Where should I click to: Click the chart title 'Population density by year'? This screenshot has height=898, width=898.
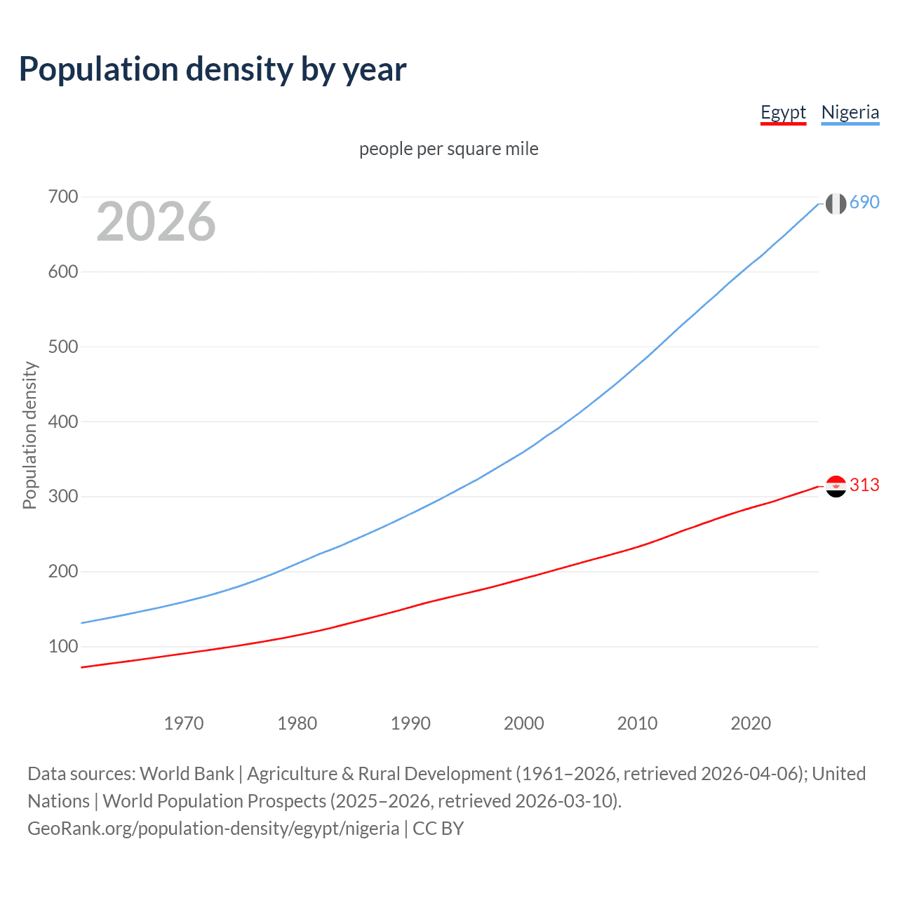coord(213,69)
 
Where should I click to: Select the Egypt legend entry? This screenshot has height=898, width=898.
coord(783,113)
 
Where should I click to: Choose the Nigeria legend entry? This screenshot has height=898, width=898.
coord(850,113)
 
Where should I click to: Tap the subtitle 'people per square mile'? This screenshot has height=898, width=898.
coord(448,149)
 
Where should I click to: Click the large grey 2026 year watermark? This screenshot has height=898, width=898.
coord(156,222)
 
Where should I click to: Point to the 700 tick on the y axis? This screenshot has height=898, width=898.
coord(62,197)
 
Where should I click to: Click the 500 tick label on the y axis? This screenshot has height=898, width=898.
coord(62,347)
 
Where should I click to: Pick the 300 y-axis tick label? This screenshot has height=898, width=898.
coord(62,497)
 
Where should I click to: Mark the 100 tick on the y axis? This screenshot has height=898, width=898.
coord(62,646)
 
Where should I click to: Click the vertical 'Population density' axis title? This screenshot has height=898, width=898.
coord(29,435)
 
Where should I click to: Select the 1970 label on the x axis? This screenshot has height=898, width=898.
coord(183,723)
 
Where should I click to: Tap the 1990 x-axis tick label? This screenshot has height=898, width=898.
coord(410,723)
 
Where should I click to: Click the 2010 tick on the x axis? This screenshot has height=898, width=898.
coord(637,723)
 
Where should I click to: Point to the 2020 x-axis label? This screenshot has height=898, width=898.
coord(751,723)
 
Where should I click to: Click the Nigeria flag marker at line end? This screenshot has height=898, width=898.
coord(836,203)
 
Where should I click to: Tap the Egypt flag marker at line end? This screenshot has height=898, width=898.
coord(836,486)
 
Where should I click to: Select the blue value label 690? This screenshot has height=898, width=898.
coord(864,203)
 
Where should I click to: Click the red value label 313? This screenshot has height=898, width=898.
coord(864,485)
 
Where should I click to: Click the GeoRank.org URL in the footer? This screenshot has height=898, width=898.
coord(213,829)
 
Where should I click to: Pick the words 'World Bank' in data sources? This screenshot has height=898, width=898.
coord(187,774)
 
